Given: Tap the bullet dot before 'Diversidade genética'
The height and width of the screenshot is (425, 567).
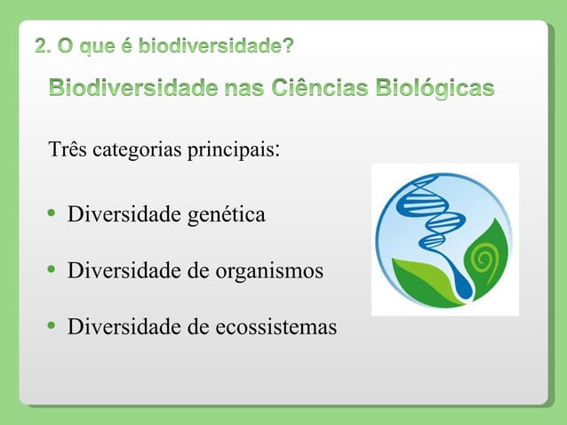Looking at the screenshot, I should pyautogui.click(x=52, y=214).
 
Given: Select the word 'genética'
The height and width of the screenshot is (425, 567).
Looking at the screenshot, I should pyautogui.click(x=227, y=215).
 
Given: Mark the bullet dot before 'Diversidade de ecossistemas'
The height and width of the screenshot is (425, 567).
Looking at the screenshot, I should pyautogui.click(x=52, y=326).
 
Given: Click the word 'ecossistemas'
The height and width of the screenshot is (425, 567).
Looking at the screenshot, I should pyautogui.click(x=276, y=327).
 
